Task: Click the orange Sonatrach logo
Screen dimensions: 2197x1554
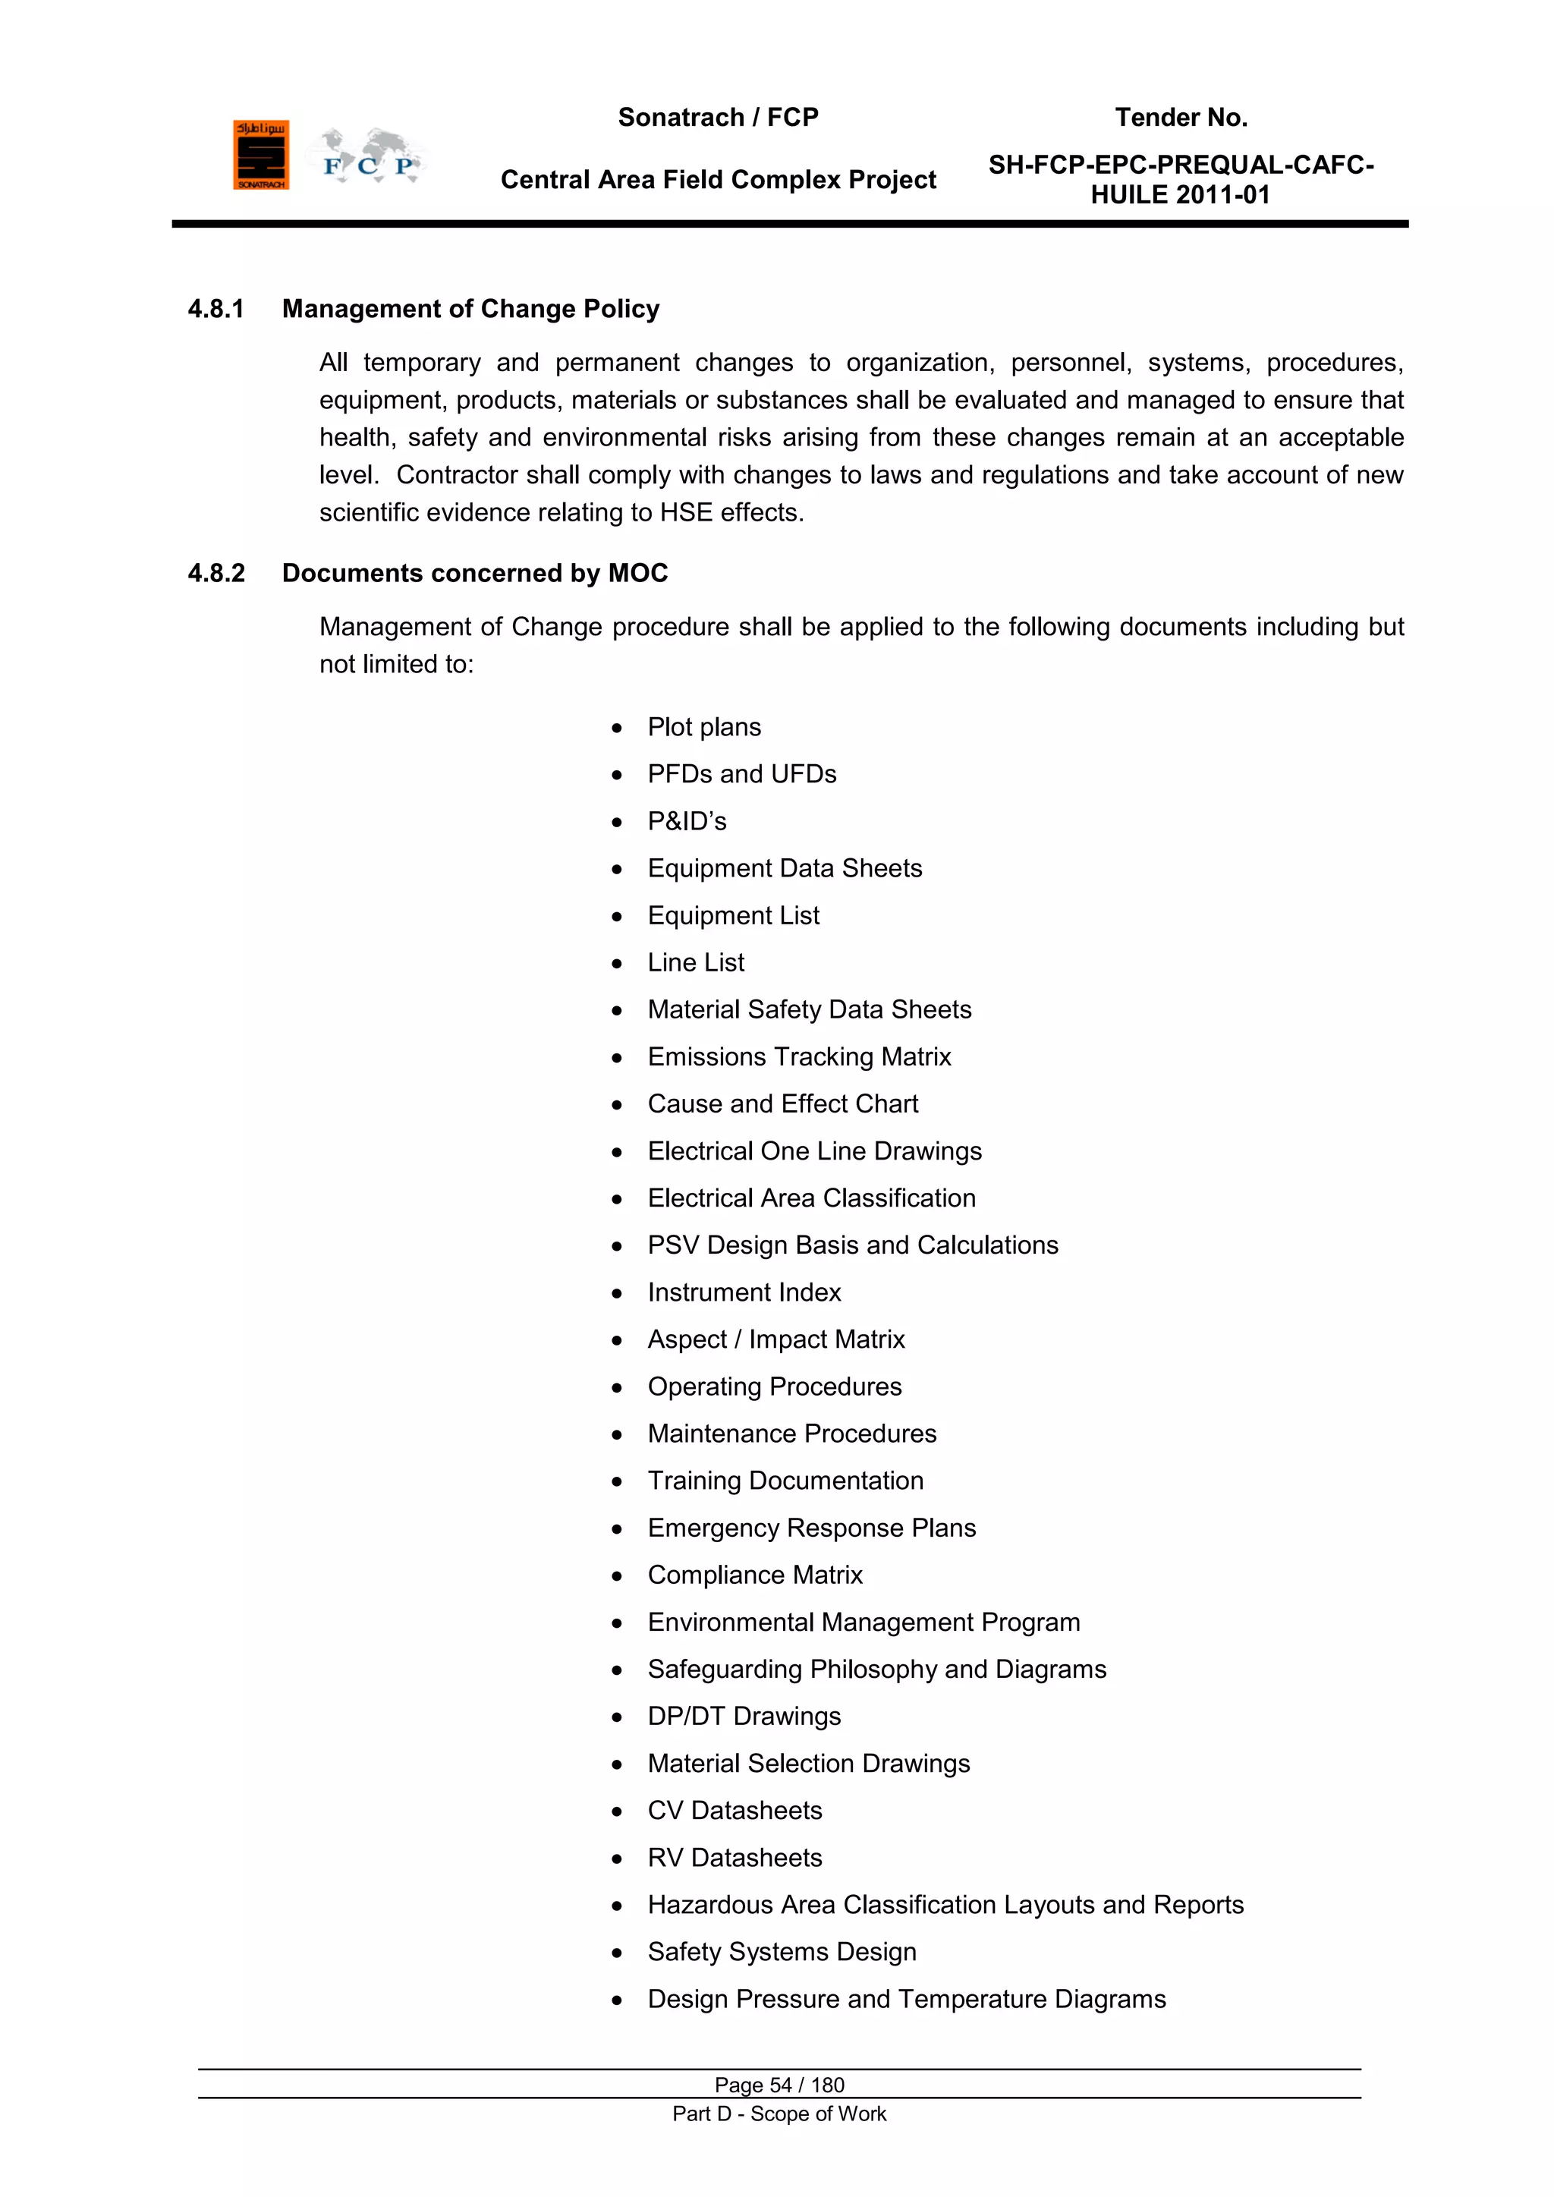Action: [x=260, y=155]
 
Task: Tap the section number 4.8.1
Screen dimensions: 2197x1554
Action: [x=216, y=309]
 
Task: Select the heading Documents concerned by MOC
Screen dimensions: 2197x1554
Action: [x=474, y=573]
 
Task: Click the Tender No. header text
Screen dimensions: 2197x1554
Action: [x=1181, y=118]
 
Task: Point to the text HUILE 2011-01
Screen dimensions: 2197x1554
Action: [x=1181, y=195]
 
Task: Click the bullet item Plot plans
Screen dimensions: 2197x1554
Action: [x=704, y=727]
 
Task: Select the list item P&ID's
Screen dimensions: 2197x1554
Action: [x=687, y=821]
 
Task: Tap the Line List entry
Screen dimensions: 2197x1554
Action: [x=696, y=962]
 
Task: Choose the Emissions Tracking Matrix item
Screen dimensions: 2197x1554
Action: [x=799, y=1056]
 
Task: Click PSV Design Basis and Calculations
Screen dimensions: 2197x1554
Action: [x=853, y=1245]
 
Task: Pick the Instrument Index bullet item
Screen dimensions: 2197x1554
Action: [x=744, y=1292]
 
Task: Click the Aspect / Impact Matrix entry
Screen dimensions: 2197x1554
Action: [x=776, y=1339]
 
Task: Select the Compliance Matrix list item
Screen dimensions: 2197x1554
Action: [x=755, y=1575]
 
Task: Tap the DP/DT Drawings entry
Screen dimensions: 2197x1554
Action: [x=744, y=1717]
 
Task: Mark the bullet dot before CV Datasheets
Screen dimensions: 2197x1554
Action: [x=617, y=1811]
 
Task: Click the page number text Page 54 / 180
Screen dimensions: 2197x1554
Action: [x=779, y=2085]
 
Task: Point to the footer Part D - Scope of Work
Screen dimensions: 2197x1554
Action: [x=779, y=2114]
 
